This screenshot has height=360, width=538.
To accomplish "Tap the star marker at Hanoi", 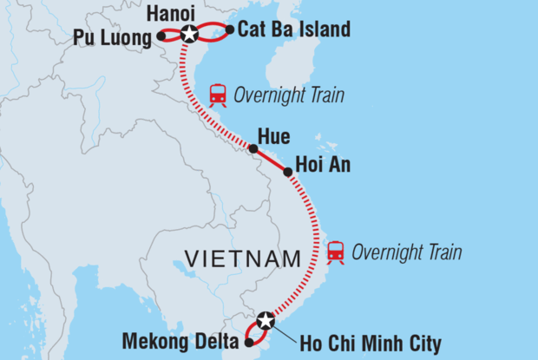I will pos(189,35).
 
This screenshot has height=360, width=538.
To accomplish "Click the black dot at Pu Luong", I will pos(161,36).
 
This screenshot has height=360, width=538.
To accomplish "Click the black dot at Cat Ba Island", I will pos(229,30).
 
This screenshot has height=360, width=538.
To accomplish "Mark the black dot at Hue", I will pos(253,149).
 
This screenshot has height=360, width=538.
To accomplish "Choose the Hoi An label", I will pos(323,164).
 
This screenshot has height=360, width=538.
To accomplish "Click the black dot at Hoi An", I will pos(288,172).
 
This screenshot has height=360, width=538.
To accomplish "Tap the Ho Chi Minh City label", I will pos(371,344).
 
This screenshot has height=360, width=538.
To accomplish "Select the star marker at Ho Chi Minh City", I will pos(266,322).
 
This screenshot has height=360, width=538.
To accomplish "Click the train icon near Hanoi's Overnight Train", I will pos(218,95).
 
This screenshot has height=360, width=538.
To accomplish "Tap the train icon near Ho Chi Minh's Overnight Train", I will pos(335,252).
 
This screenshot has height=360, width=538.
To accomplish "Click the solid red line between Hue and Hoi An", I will pos(271,160).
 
